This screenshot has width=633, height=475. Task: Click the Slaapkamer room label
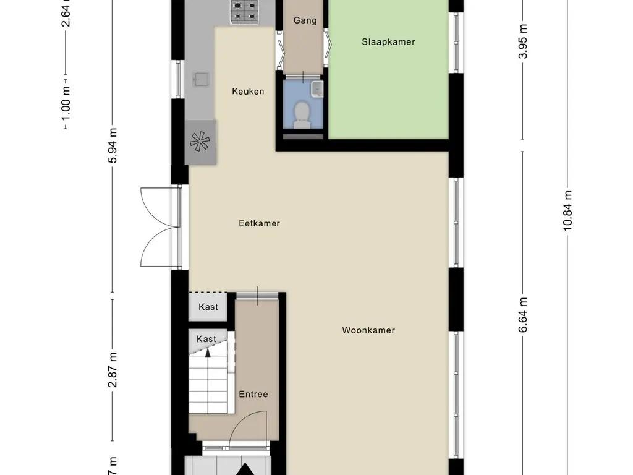pyautogui.click(x=388, y=42)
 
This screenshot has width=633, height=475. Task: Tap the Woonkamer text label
pyautogui.click(x=368, y=330)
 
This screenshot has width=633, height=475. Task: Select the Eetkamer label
pyautogui.click(x=259, y=223)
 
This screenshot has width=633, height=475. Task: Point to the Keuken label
pyautogui.click(x=248, y=92)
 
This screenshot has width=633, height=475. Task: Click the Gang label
pyautogui.click(x=305, y=20)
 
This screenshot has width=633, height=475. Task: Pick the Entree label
pyautogui.click(x=253, y=394)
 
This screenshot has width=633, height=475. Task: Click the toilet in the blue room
pyautogui.click(x=302, y=115)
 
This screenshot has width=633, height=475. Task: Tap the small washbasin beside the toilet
pyautogui.click(x=316, y=88)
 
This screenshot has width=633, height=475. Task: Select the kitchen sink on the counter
pyautogui.click(x=201, y=79)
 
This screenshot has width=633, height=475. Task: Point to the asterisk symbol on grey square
pyautogui.click(x=201, y=142)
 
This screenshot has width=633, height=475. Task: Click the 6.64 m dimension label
pyautogui.click(x=523, y=314)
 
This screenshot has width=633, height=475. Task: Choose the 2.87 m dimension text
pyautogui.click(x=112, y=370)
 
